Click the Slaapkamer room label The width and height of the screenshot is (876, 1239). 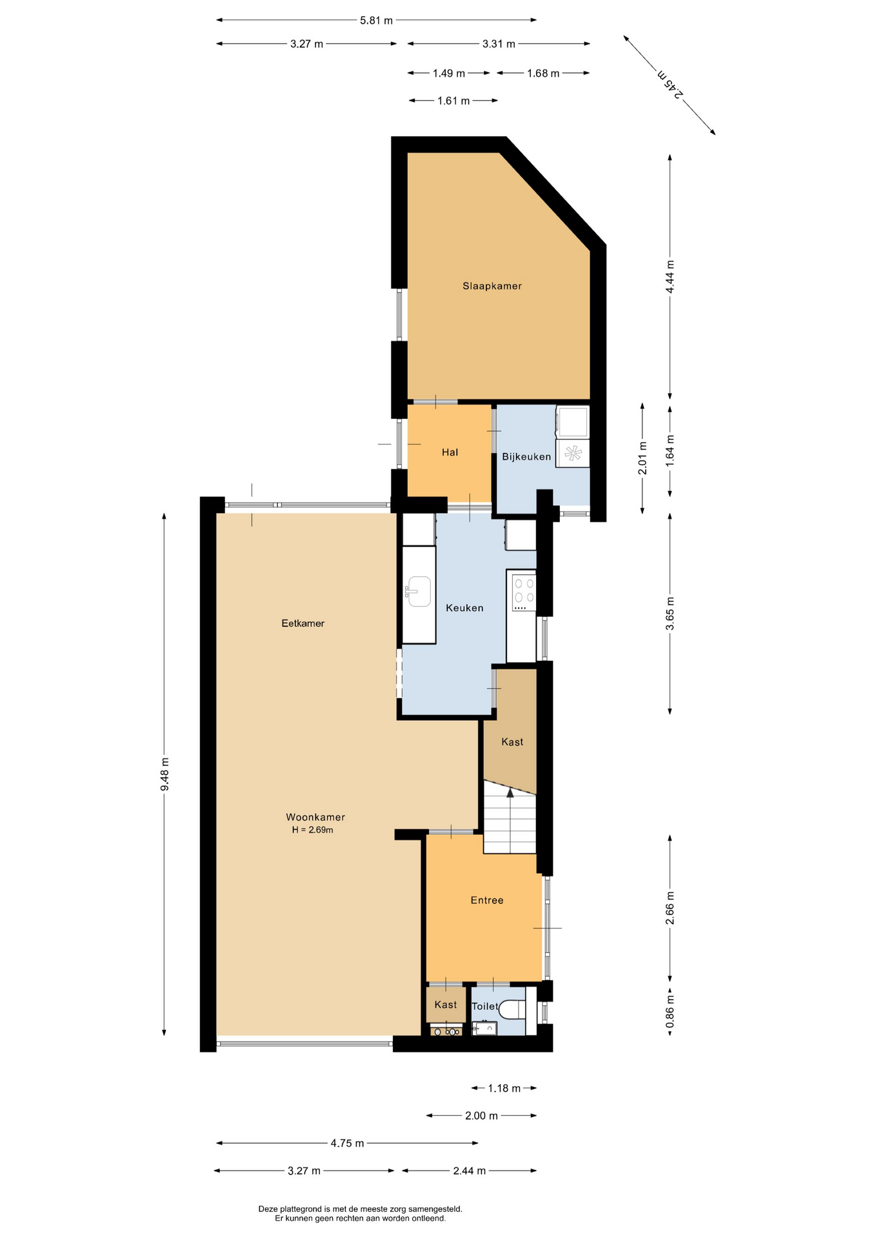pos(492,286)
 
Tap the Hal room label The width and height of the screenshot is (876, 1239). pos(450,452)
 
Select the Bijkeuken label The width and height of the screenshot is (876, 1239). pos(526,457)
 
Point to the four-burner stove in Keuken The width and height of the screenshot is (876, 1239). pos(523,592)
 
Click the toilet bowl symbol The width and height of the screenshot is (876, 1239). pos(513,1009)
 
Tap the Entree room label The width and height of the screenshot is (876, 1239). pos(486,900)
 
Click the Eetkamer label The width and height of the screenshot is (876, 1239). pos(303,623)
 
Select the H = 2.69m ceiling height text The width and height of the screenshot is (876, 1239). pos(312,830)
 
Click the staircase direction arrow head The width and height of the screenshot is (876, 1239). pos(510,792)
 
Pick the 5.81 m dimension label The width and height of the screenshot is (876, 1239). pos(376,20)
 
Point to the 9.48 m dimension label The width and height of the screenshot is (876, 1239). pos(164,774)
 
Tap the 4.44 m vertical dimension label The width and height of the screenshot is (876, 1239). pos(670,277)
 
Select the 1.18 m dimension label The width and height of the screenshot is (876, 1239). pos(504,1089)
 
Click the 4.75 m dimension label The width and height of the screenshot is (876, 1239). pos(347,1143)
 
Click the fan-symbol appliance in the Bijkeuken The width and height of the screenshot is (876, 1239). pos(573,454)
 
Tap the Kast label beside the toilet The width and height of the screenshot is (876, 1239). pos(445,1005)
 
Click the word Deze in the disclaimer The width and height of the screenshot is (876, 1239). pos(268,1209)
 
